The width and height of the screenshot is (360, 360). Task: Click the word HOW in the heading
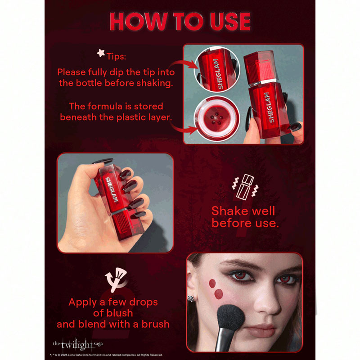[138, 21]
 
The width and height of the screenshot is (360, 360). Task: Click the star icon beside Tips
[101, 53]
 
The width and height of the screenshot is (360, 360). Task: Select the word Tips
[116, 57]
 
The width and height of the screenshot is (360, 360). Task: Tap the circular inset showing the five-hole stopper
[217, 118]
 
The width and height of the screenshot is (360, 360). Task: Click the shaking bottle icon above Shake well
[245, 187]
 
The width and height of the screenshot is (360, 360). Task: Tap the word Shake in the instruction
[227, 211]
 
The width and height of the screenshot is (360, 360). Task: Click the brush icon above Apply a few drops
[116, 280]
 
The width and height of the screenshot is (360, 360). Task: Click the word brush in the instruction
[155, 324]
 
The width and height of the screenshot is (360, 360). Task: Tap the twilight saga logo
[77, 345]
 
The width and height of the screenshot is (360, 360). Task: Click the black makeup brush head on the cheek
[230, 317]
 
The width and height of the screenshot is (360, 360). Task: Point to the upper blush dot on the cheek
[212, 283]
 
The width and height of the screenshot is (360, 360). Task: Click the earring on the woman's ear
[191, 298]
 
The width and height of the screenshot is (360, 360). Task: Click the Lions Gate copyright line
[106, 355]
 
